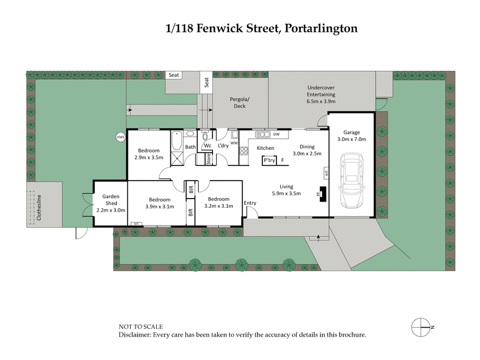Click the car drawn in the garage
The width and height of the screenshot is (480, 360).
(x=352, y=180)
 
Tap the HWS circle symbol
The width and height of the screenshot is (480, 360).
(x=120, y=137)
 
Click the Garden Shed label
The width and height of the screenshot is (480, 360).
(x=111, y=203)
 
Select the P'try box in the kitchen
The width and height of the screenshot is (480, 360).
(x=269, y=160)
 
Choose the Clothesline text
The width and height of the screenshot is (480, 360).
(x=38, y=207)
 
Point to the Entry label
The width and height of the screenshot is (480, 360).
(x=250, y=203)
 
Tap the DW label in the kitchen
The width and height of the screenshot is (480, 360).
(x=276, y=134)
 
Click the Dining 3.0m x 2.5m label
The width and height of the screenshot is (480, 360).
(x=307, y=150)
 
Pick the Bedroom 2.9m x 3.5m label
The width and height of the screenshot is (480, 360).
(x=149, y=154)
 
